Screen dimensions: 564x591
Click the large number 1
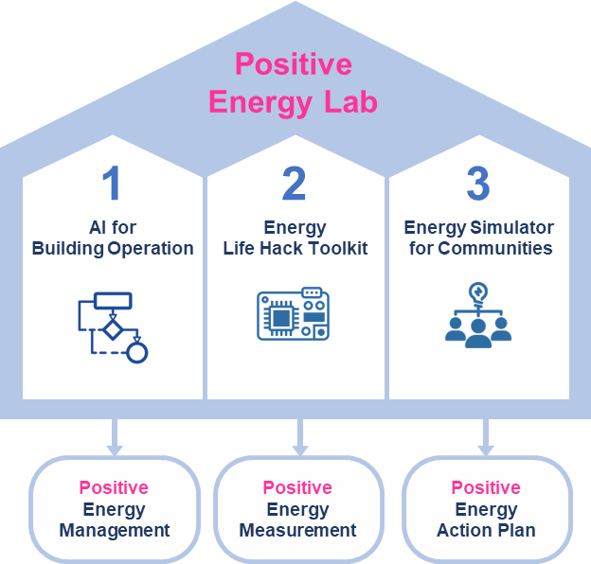pyautogui.click(x=112, y=185)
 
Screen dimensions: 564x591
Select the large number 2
pyautogui.click(x=295, y=185)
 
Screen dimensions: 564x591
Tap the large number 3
pyautogui.click(x=478, y=185)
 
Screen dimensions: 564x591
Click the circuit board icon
pyautogui.click(x=293, y=314)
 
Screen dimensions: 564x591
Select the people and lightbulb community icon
pyautogui.click(x=478, y=314)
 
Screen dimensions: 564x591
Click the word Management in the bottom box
pyautogui.click(x=115, y=530)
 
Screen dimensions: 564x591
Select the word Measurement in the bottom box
pyautogui.click(x=297, y=530)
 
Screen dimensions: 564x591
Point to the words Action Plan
pyautogui.click(x=486, y=530)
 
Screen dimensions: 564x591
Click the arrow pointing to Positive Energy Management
pyautogui.click(x=116, y=438)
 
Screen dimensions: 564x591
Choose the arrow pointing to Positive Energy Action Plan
pyautogui.click(x=486, y=438)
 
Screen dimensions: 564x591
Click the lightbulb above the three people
pyautogui.click(x=478, y=292)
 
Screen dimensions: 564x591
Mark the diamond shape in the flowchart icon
pyautogui.click(x=113, y=329)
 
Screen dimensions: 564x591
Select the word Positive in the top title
pyautogui.click(x=294, y=65)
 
